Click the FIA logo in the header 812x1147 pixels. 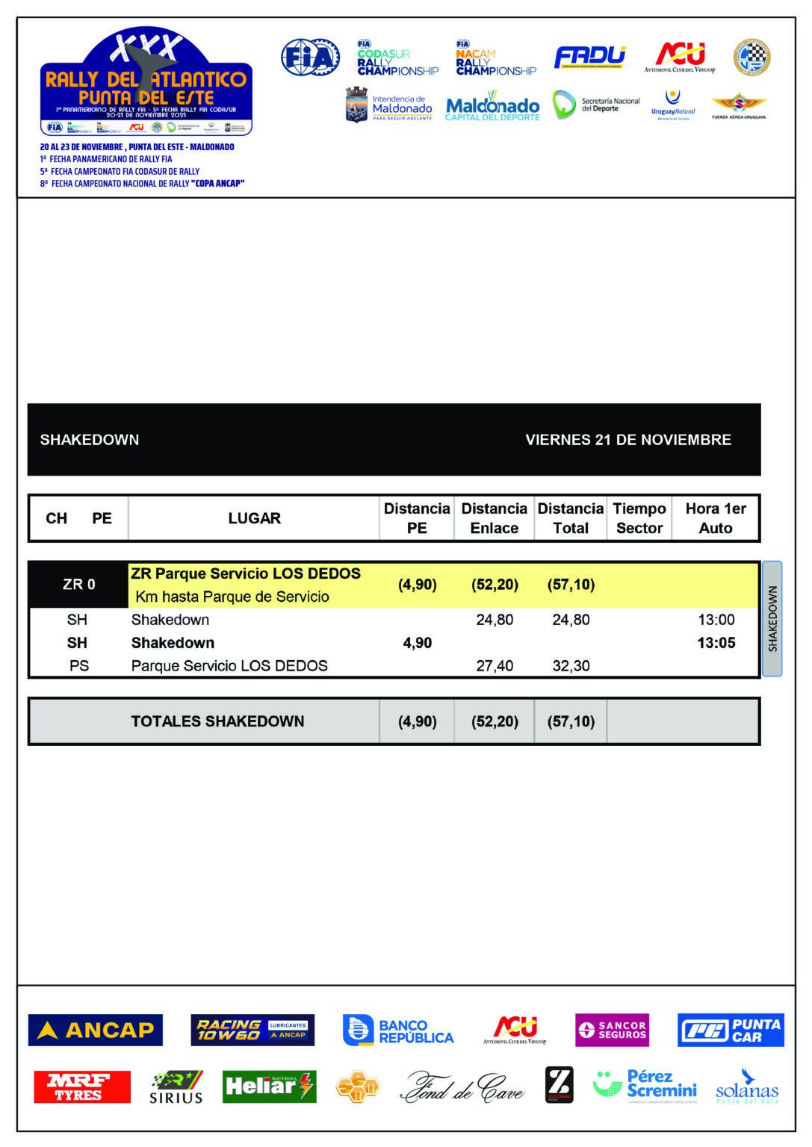[310, 57]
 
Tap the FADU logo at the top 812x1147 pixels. [589, 57]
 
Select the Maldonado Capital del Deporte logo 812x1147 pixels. [492, 107]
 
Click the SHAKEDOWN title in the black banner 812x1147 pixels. [90, 440]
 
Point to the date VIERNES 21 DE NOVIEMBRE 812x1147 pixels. [628, 440]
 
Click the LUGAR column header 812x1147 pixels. [254, 518]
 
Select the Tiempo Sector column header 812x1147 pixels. [639, 518]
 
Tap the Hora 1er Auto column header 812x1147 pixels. [716, 518]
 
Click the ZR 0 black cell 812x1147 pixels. [78, 585]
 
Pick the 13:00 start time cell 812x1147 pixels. [716, 620]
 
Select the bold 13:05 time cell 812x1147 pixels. [716, 643]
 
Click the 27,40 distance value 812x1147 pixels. [495, 666]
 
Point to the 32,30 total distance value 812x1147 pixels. [571, 666]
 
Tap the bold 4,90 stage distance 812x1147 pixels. [417, 643]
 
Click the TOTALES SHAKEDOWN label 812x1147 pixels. [217, 721]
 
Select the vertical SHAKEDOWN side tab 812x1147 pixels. [772, 618]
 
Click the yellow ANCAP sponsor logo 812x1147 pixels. [95, 1031]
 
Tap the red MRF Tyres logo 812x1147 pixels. [81, 1087]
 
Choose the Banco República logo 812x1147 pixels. [398, 1031]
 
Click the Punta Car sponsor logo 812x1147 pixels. [730, 1031]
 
